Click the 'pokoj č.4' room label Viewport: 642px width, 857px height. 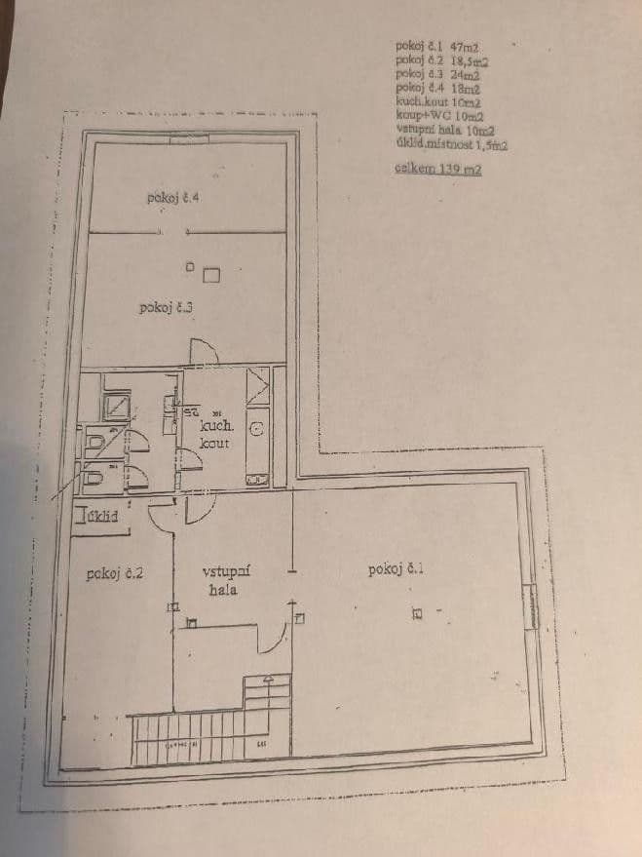point(174,198)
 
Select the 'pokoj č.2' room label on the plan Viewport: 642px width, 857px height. point(115,573)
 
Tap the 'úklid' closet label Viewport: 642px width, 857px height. point(102,517)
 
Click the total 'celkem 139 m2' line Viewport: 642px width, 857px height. point(438,169)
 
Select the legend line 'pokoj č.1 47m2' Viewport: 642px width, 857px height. point(440,45)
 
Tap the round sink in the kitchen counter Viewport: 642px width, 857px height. point(258,428)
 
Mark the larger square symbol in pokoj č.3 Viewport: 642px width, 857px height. point(211,275)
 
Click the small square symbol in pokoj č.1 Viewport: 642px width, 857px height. point(417,614)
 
